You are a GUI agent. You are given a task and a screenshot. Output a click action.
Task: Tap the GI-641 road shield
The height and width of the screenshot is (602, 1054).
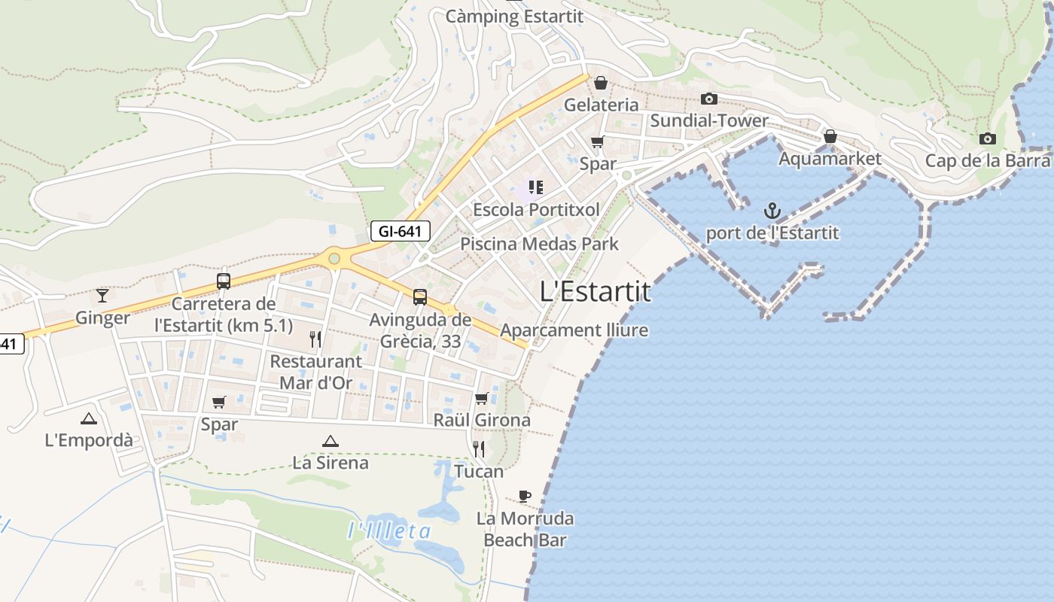pos(400,231)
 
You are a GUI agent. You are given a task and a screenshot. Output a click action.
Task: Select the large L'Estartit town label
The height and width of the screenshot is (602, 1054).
pos(596,291)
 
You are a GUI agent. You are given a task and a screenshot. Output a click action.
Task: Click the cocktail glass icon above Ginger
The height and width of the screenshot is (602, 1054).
pos(102,295)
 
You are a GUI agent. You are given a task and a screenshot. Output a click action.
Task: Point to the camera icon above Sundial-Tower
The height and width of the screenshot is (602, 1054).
pos(708,99)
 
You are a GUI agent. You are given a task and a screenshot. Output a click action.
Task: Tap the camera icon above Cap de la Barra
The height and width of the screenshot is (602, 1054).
pos(987,138)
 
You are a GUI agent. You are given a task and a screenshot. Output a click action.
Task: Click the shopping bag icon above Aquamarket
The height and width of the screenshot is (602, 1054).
pos(830,136)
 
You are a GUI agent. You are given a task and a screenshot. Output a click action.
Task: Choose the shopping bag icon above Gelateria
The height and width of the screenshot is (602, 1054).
pos(601,82)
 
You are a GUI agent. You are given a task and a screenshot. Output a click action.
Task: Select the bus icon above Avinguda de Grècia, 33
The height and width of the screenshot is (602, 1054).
pos(420,297)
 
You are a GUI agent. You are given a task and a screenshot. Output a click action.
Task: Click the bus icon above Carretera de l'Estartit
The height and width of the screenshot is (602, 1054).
pos(224,281)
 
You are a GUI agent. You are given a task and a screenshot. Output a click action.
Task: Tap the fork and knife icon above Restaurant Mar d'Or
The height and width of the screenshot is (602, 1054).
pos(315,339)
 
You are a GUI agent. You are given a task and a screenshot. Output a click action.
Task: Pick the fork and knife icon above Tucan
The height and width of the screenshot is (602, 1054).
pos(479,449)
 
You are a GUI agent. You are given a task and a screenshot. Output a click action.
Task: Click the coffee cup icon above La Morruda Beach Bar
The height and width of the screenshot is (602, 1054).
pos(525,496)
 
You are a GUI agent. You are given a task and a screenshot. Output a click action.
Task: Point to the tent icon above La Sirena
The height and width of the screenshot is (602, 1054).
pos(330,441)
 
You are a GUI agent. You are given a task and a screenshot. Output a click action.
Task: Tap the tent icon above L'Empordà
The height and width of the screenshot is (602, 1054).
pos(89,418)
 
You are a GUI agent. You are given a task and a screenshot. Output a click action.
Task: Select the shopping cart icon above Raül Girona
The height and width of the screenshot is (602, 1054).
pos(482,398)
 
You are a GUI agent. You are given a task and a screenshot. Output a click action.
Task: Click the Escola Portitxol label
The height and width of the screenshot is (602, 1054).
pos(536,209)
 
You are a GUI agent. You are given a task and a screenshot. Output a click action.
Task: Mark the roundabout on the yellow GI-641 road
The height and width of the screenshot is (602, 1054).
pos(334,259)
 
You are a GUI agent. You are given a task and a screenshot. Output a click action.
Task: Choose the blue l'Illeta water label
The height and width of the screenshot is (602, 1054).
pos(389,531)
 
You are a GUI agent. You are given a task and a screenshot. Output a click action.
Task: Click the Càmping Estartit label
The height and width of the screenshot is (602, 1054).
pos(514,15)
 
